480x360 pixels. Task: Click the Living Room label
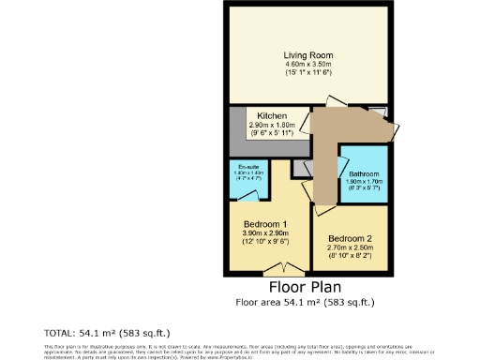[308, 55]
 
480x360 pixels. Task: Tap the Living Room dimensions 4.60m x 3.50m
[308, 64]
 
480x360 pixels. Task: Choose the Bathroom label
[364, 174]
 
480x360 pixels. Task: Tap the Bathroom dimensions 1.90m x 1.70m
[364, 182]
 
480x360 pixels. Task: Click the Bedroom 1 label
[266, 225]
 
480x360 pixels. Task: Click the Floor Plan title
[305, 287]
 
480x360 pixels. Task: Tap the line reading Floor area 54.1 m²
[305, 302]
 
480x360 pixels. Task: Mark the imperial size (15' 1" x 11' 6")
[308, 72]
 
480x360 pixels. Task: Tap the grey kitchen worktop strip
[267, 148]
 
